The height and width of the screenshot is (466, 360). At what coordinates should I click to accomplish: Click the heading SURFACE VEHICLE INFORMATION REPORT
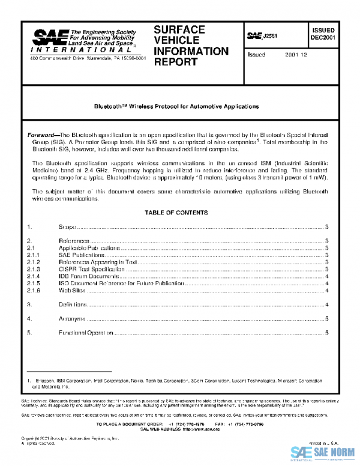191,46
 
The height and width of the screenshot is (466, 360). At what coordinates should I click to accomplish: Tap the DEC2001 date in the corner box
323,37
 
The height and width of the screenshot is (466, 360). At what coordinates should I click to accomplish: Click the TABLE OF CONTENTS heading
176,213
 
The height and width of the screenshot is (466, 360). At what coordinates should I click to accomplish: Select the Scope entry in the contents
67,227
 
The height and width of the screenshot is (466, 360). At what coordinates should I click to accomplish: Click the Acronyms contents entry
71,318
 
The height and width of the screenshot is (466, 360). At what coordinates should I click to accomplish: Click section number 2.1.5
34,283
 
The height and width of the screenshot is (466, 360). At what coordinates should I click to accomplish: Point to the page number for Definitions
326,304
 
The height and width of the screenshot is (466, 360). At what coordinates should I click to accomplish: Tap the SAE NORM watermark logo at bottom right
323,453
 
